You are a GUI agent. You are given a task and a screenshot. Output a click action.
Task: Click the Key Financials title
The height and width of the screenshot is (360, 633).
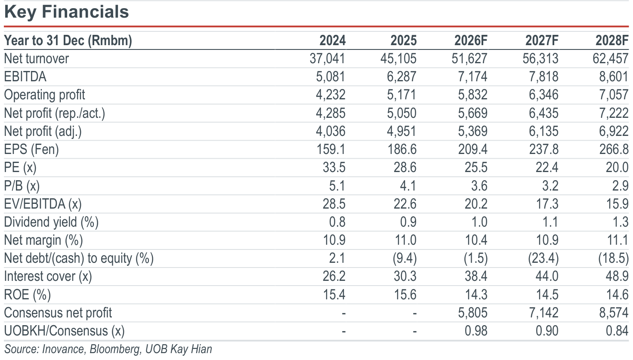(x=66, y=12)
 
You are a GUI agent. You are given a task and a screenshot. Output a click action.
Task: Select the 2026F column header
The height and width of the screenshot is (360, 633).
(x=471, y=40)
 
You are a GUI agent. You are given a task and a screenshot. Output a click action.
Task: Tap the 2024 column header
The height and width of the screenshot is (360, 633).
(x=332, y=40)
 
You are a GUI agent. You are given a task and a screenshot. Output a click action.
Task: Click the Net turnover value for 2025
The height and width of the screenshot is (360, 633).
(x=398, y=59)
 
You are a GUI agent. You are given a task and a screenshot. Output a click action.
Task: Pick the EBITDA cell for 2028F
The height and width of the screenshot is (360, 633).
(x=614, y=77)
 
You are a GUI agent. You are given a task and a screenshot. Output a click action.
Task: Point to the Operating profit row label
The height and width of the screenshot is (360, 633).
(x=44, y=95)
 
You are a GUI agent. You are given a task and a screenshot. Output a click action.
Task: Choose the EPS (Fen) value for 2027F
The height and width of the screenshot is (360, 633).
(x=543, y=149)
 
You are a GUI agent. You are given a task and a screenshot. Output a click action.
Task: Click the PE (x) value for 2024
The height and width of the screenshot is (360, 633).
(x=334, y=167)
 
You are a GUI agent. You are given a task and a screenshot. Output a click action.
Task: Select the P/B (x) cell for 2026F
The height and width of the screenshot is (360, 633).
(x=479, y=186)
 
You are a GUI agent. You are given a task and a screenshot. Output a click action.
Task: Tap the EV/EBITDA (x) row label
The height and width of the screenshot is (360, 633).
(x=43, y=204)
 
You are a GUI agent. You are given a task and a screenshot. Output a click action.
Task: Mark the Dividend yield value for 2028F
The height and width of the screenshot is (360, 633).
(x=620, y=222)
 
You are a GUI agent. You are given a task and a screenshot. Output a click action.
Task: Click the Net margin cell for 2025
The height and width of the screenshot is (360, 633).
(x=405, y=240)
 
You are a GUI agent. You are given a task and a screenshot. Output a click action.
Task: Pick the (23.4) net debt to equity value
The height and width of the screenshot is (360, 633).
(x=543, y=258)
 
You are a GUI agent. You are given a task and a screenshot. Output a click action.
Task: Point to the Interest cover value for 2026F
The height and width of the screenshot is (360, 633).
(x=476, y=277)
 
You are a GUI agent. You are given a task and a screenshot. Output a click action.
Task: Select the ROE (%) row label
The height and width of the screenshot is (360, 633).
(x=28, y=295)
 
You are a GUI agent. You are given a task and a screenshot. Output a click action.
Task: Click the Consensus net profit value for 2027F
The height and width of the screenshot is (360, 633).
(x=543, y=313)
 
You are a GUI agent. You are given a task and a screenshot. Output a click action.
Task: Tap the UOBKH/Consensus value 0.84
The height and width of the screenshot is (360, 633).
(x=617, y=331)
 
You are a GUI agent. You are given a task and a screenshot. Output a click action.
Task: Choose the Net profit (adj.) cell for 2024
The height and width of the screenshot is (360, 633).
(x=330, y=131)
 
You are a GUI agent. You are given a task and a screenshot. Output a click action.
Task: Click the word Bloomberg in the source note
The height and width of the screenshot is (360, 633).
(x=115, y=349)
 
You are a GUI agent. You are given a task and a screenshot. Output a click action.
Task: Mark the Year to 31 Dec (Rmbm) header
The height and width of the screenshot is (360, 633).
(x=68, y=41)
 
